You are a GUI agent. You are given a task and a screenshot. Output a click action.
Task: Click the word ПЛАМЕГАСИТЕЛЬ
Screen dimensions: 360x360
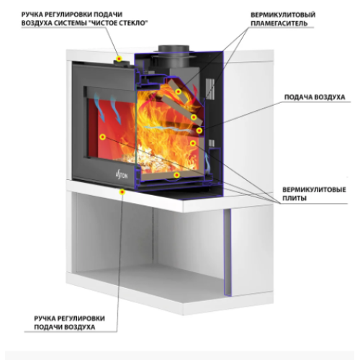279,23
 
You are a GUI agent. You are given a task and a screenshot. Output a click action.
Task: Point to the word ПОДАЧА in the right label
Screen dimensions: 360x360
298,97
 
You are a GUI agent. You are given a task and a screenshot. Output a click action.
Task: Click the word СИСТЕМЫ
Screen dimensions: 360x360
74,23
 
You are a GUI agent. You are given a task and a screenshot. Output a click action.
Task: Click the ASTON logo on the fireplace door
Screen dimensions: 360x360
122,176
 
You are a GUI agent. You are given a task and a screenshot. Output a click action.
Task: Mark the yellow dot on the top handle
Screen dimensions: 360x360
119,58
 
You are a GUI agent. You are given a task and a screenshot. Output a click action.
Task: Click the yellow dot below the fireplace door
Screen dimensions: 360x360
122,192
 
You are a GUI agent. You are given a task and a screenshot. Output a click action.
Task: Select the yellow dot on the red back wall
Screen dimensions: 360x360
103,137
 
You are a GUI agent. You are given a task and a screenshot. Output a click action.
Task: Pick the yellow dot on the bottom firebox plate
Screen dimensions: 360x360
176,175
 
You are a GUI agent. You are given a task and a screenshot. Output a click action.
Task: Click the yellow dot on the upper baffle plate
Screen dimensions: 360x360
178,91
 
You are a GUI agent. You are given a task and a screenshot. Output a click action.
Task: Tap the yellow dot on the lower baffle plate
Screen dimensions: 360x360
194,117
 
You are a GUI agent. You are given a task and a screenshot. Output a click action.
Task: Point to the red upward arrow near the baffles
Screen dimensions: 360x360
195,92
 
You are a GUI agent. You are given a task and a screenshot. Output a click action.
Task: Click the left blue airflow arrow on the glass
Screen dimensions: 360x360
99,107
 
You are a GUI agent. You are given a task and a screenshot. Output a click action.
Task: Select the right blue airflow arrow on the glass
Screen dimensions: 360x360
116,110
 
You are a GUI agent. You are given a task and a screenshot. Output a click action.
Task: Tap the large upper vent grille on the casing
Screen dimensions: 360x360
210,89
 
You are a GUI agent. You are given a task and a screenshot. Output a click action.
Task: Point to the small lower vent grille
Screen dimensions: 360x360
212,143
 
